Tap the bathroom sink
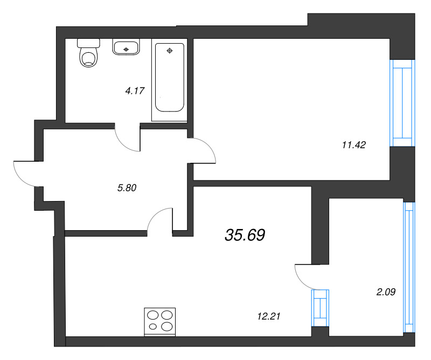pos(126,47)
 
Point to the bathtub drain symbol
pos(170,51)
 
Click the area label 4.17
pos(135,91)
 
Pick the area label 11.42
pos(354,144)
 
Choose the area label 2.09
pos(385,293)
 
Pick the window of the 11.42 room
pos(402,102)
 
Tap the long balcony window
pos(409,267)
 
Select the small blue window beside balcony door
pos(320,307)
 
